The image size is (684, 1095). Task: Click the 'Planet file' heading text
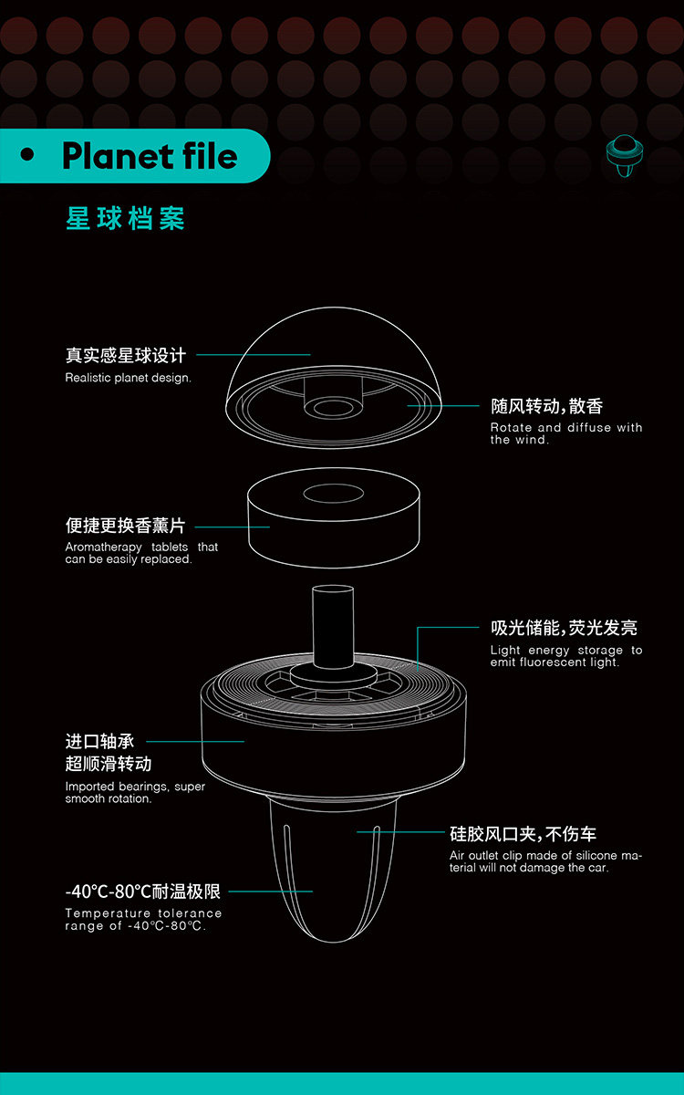[150, 156]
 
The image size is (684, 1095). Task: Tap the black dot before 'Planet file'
[27, 156]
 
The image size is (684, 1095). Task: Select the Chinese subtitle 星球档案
[125, 219]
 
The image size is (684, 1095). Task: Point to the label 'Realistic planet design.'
[128, 378]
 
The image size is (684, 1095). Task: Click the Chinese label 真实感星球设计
[125, 355]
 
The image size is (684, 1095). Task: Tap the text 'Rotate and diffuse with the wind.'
[565, 433]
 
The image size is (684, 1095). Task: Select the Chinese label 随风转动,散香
[546, 406]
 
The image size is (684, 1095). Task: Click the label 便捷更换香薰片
[125, 526]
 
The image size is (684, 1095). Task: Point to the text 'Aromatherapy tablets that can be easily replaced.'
[141, 553]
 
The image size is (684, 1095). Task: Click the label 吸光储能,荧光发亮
[564, 628]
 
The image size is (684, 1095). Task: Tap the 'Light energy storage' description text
[565, 656]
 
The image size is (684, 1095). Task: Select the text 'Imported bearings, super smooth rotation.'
[135, 792]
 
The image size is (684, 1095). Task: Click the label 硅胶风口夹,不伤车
[523, 834]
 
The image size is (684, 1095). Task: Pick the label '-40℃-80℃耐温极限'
[142, 892]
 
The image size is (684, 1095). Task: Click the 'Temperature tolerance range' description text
[143, 919]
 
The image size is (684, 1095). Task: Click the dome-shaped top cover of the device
[333, 351]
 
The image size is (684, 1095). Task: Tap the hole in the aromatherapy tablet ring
[333, 495]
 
